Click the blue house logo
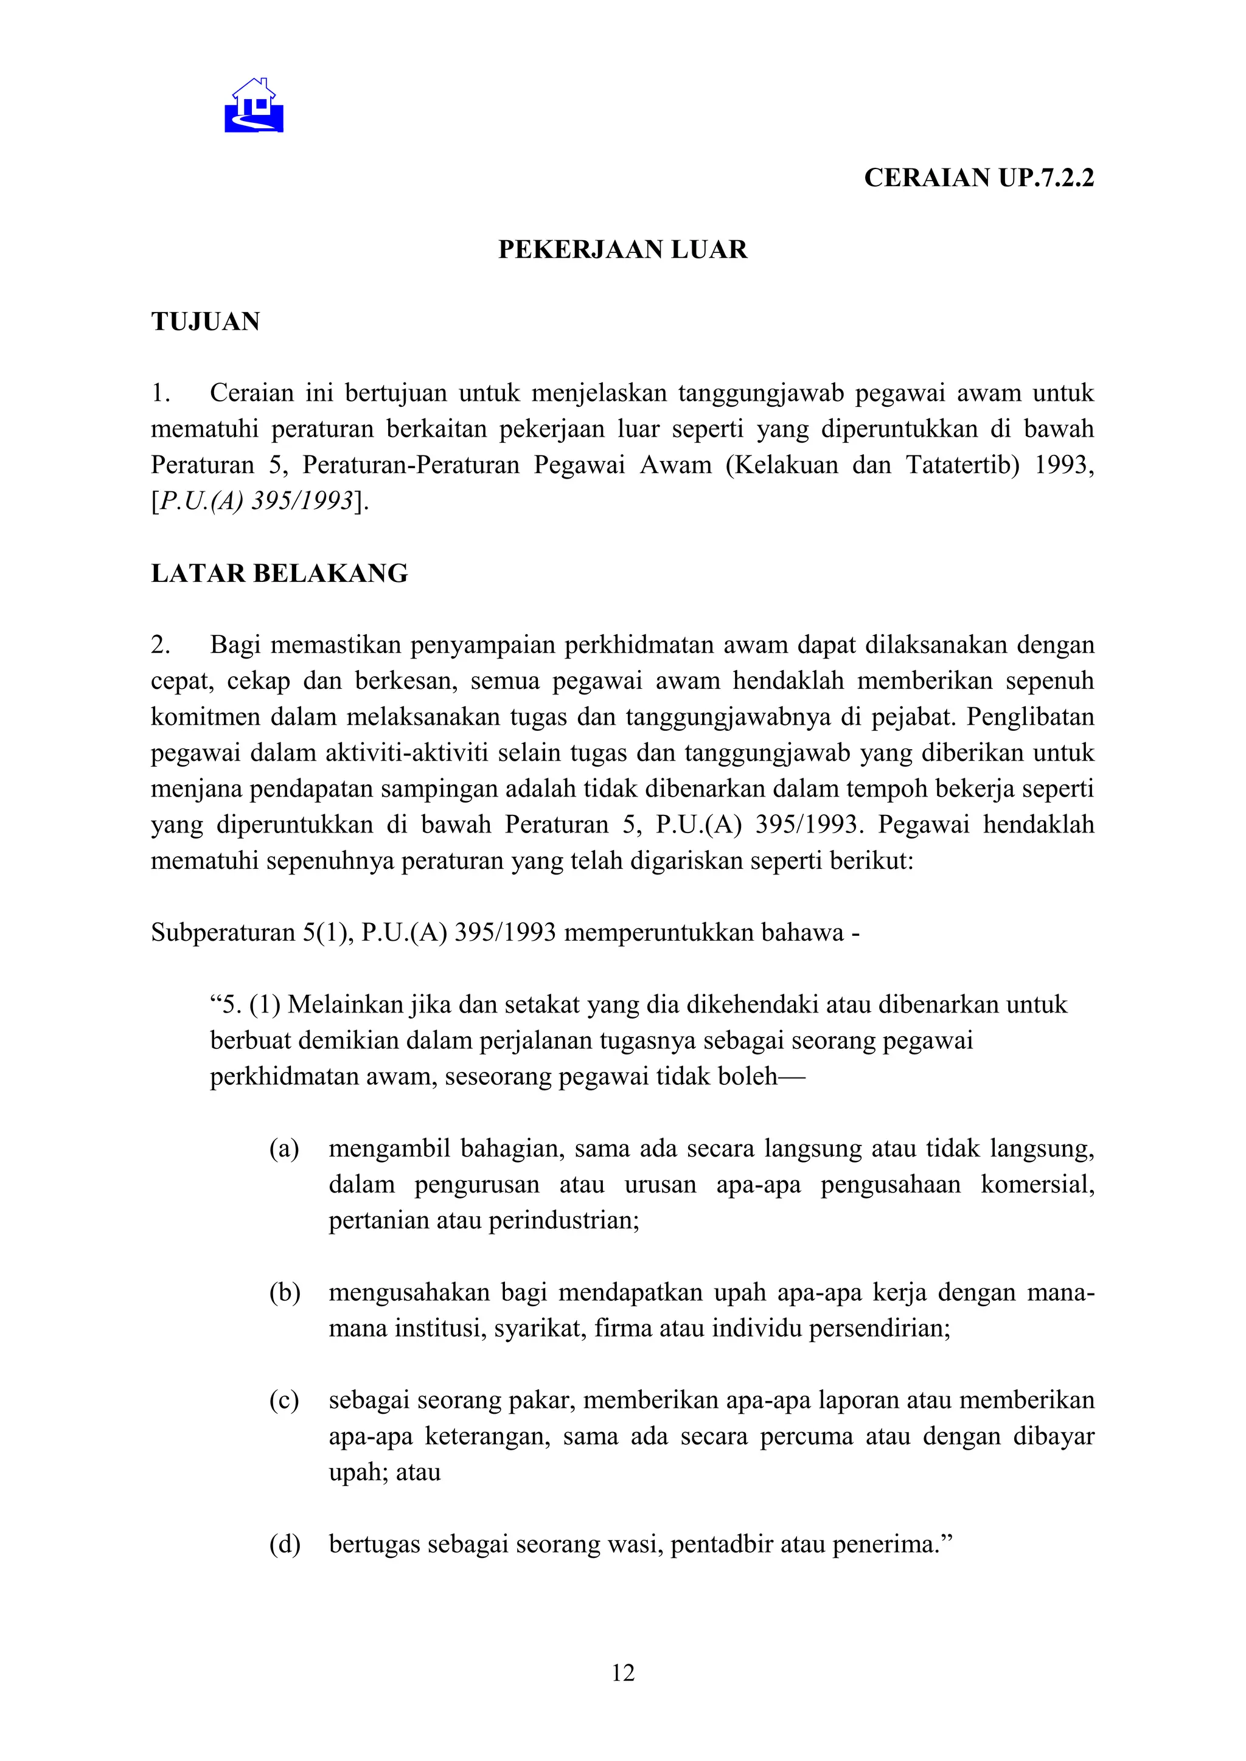[x=254, y=106]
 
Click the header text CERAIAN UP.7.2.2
[x=978, y=178]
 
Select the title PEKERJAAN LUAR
[x=622, y=250]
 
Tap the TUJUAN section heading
[x=205, y=321]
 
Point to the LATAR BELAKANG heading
[x=279, y=573]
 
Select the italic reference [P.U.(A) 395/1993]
[x=259, y=501]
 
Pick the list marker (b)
[x=284, y=1292]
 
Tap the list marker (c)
[x=284, y=1400]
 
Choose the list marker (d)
[x=284, y=1544]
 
